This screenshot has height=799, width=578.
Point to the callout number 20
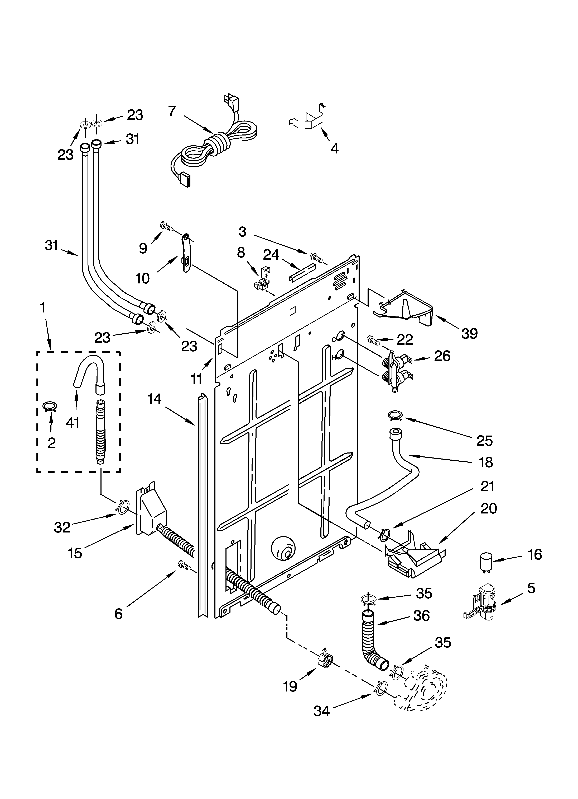click(489, 508)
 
